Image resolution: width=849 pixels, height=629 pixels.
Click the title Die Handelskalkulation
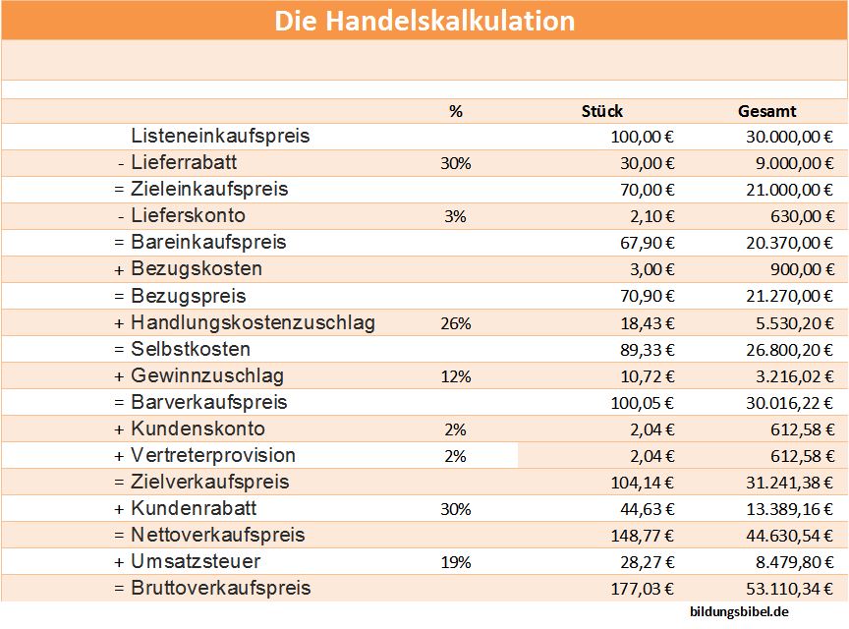[x=424, y=21]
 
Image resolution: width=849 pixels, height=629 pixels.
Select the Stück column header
[x=602, y=111]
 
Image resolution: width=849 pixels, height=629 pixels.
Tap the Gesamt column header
[x=766, y=111]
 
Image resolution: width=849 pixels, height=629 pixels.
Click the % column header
[x=455, y=111]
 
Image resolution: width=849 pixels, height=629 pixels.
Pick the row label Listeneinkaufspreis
[x=220, y=136]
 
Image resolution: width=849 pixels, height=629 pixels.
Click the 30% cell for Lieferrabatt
[x=456, y=163]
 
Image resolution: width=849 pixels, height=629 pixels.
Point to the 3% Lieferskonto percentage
[x=455, y=216]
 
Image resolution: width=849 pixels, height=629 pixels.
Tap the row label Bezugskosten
[x=196, y=268]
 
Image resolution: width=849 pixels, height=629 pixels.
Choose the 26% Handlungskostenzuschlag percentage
[x=456, y=322]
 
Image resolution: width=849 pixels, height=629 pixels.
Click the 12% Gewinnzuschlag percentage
[x=456, y=376]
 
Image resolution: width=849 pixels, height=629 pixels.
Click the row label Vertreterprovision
[x=212, y=455]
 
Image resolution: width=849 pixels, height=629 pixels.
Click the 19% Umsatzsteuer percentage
[x=456, y=562]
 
